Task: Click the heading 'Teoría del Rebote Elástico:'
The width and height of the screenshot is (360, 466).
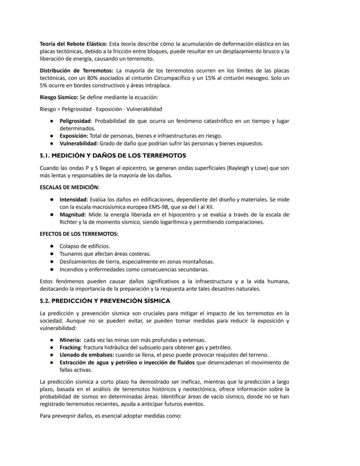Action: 73,44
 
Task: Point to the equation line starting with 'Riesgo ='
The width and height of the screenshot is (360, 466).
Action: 101,109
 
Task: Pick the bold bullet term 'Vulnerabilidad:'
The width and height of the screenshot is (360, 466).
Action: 79,143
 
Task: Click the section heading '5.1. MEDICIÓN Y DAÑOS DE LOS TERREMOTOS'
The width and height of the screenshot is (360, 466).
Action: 113,155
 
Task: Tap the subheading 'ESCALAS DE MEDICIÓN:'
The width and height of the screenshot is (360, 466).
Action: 69,187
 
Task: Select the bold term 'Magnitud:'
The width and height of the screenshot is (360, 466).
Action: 73,215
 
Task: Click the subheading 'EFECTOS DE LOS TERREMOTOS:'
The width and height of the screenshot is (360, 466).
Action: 79,234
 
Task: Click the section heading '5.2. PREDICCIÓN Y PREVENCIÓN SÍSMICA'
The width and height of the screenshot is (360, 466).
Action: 105,301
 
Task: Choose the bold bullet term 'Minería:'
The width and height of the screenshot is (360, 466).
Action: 70,339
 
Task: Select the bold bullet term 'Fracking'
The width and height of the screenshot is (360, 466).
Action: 70,347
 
